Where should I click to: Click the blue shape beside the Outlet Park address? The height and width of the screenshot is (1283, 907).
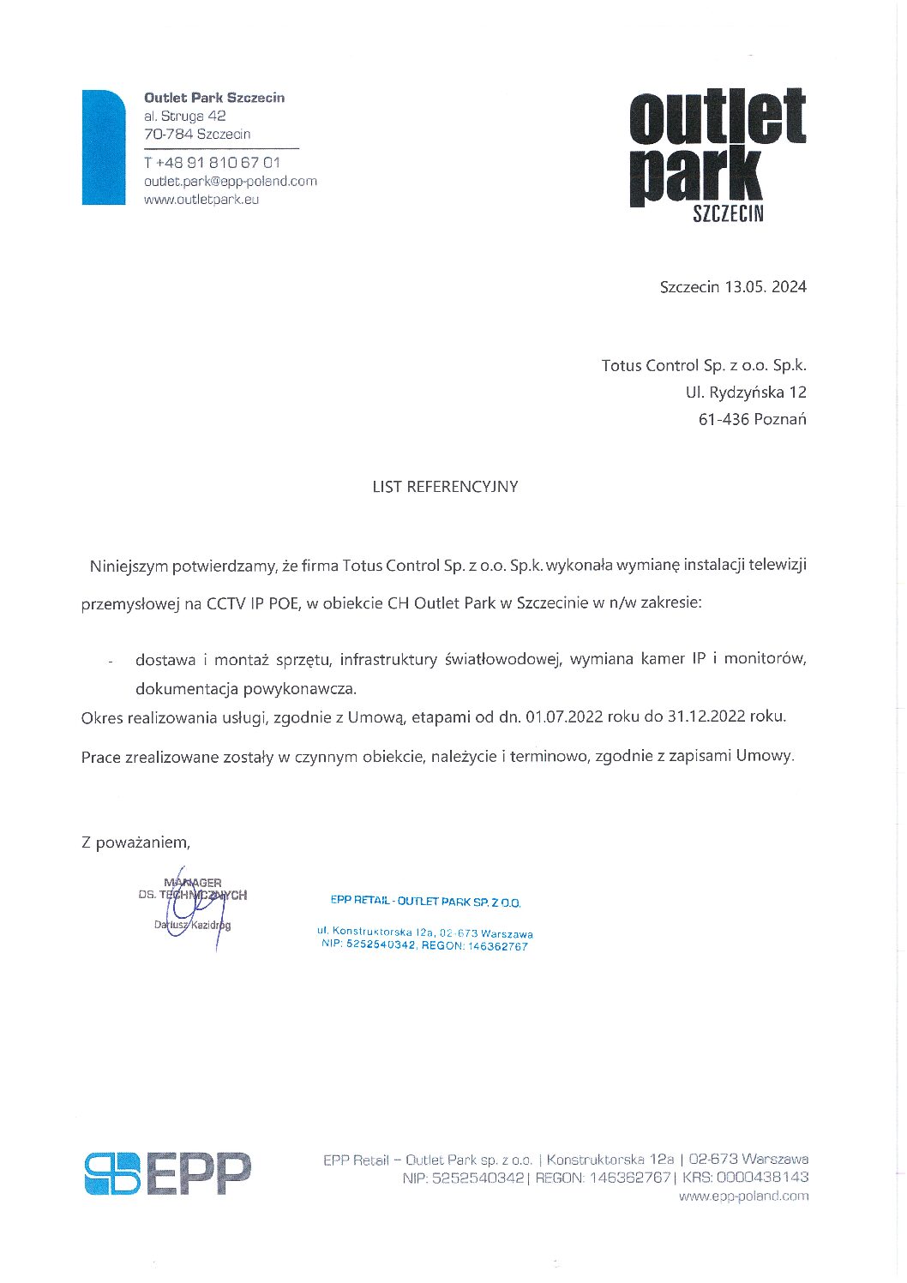point(103,147)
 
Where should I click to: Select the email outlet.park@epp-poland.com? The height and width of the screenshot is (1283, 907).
point(231,181)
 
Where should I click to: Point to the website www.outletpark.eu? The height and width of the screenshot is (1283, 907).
point(201,200)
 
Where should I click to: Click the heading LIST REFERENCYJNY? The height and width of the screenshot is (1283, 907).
point(445,487)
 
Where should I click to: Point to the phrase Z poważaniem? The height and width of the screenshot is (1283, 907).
point(135,842)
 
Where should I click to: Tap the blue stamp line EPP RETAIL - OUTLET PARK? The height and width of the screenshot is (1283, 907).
point(425,902)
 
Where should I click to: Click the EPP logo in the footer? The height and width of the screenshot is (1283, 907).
point(168,1173)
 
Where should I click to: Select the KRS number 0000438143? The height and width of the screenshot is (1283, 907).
point(761,1178)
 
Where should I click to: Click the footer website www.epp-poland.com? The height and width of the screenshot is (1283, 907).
point(743,1196)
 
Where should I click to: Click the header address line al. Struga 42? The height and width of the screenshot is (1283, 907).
point(185,116)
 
